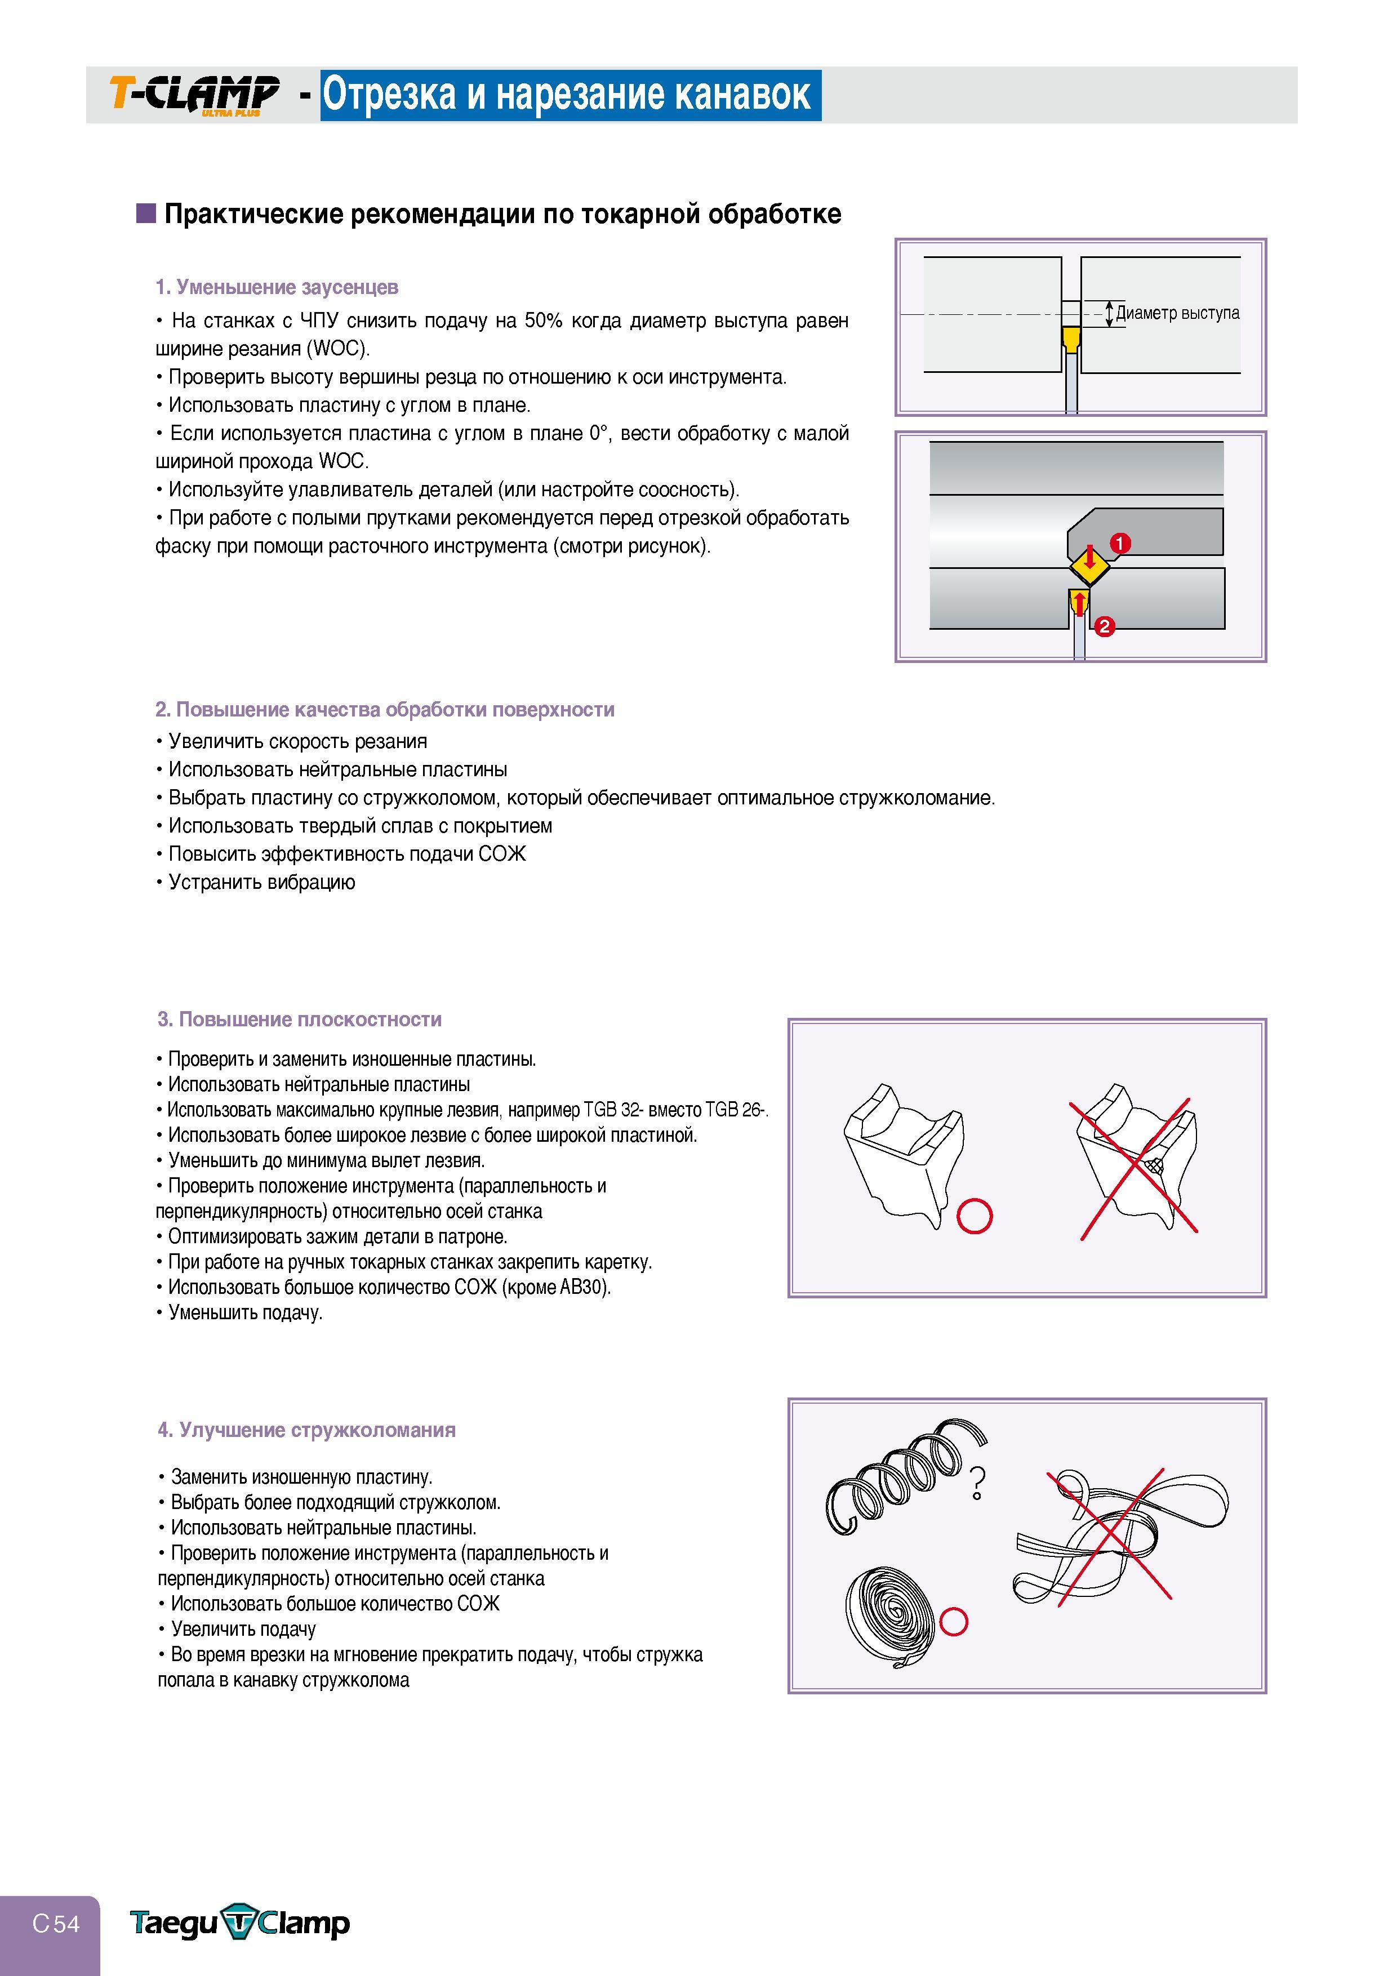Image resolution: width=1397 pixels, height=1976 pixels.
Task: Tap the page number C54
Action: (x=56, y=1922)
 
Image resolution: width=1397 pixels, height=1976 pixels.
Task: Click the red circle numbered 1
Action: (x=1120, y=543)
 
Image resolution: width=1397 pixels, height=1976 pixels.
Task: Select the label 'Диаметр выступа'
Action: (x=1177, y=313)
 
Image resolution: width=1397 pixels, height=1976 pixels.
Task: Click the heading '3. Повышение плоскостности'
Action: (x=300, y=1020)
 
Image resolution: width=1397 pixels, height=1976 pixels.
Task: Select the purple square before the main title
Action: (x=145, y=213)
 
